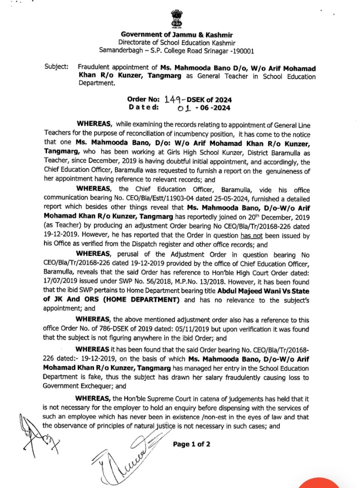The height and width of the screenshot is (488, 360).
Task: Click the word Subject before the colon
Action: click(x=55, y=66)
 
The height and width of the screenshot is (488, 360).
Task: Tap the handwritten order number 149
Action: click(x=173, y=99)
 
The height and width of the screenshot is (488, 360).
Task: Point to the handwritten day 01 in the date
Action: click(x=183, y=107)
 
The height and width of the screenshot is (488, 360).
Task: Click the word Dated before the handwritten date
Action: click(x=143, y=107)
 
